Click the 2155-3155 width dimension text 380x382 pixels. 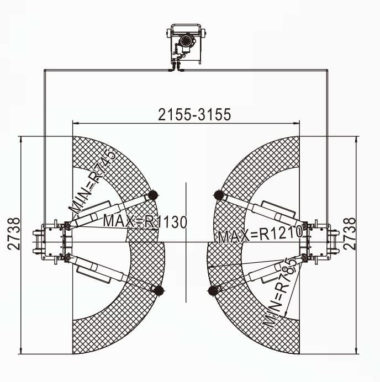click(x=194, y=114)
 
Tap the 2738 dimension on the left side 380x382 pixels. click(x=14, y=234)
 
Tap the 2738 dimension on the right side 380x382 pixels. click(x=350, y=234)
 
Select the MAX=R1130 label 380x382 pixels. click(x=145, y=221)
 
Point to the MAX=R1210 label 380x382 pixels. click(x=260, y=235)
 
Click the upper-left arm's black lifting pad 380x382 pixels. click(x=153, y=195)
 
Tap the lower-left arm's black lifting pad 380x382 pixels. click(x=159, y=290)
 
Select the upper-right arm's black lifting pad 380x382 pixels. click(x=219, y=195)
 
